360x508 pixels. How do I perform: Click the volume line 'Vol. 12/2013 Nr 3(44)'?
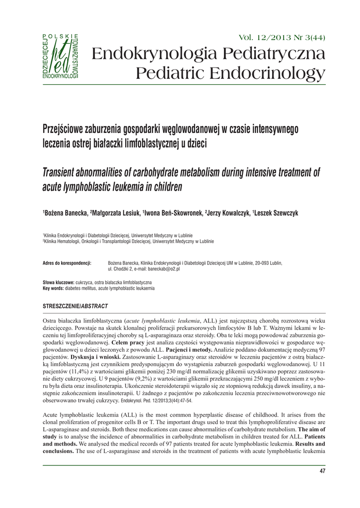tap(283, 38)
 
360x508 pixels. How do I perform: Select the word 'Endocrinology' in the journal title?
tap(262, 74)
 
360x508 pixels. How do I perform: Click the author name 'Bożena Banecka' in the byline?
tap(65, 213)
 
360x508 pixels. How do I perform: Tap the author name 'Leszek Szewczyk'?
tap(276, 213)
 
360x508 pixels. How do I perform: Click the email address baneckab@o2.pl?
tap(162, 268)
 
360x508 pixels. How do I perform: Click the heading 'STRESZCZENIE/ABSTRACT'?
tap(75, 305)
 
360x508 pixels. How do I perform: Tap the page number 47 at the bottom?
tap(321, 471)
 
